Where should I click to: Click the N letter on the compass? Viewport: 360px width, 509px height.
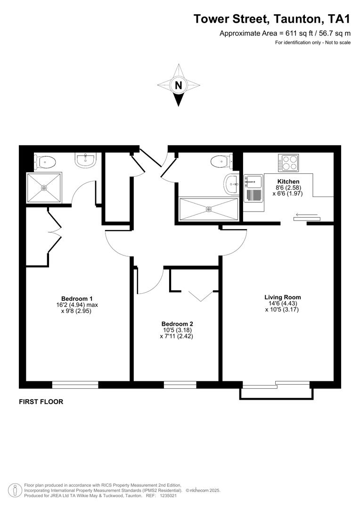coord(178,85)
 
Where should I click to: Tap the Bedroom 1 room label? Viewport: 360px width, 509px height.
coord(77,298)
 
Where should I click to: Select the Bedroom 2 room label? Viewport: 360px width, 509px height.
coord(177,324)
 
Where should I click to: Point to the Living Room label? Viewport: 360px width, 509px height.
coord(282,297)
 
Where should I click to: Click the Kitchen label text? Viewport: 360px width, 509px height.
coord(288,181)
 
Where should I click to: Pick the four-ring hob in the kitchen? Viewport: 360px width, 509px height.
coord(288,163)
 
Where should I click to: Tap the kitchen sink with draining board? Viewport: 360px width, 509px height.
coord(253,188)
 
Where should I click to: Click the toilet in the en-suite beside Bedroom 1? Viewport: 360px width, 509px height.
coord(46,163)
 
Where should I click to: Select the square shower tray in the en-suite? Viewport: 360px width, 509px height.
coord(44,188)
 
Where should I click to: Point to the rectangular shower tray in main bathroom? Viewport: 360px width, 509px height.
coord(209,208)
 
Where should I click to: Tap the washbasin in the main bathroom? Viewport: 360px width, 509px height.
coord(231,183)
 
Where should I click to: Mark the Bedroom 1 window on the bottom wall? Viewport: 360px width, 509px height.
coord(75,385)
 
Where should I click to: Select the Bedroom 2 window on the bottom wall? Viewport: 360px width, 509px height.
coord(180,385)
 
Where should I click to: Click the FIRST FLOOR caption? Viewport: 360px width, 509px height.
coord(41,402)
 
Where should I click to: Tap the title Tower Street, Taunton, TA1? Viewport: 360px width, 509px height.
coord(272,19)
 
